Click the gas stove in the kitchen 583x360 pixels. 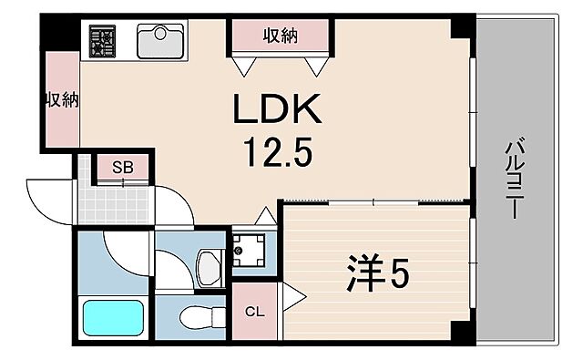point(105,41)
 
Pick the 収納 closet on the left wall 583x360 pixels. point(61,100)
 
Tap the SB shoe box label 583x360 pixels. point(123,167)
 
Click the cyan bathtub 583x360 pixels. point(114,318)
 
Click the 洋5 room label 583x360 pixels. point(373,272)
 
